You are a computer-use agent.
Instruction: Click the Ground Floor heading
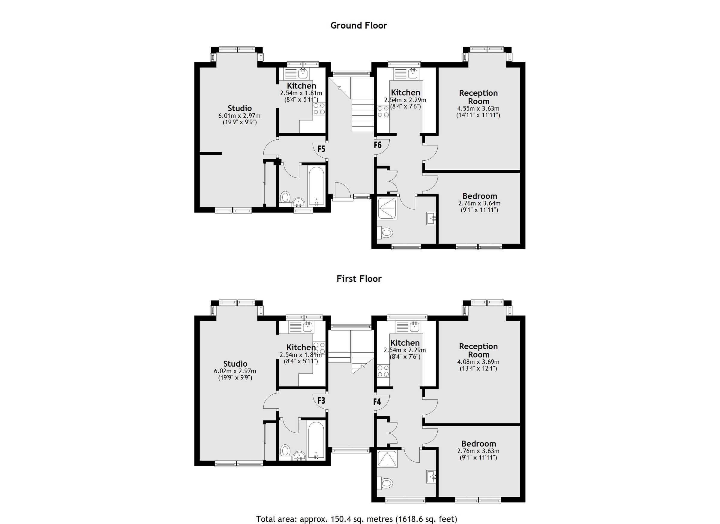pos(358,26)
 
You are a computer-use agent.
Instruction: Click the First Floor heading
pos(359,279)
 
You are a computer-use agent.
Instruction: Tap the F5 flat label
pos(321,149)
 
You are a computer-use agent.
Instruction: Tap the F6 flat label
pos(377,145)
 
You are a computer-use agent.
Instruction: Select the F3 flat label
pos(321,401)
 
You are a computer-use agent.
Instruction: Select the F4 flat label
pos(377,402)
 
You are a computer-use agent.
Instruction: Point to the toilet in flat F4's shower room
pos(385,484)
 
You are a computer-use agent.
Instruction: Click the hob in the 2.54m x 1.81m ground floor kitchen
pos(319,109)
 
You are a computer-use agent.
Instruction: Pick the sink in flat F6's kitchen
pos(413,74)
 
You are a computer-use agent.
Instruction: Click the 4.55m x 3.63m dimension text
pos(478,109)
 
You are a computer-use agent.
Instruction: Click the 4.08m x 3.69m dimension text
pos(478,362)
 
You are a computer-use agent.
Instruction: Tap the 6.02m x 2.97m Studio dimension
pos(235,371)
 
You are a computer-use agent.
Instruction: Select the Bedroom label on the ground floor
pos(479,196)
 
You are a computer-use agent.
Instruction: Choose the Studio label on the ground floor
pos(240,108)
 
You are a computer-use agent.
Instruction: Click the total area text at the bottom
pos(356,519)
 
